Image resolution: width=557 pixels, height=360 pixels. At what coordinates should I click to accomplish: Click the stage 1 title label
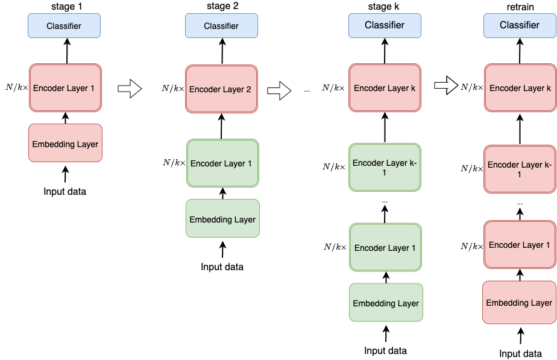[x=67, y=7]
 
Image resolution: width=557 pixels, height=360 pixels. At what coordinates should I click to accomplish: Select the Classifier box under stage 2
[x=221, y=25]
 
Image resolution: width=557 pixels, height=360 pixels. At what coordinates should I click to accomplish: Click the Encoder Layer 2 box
[x=221, y=89]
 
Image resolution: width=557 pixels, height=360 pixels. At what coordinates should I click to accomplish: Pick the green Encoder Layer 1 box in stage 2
[x=222, y=163]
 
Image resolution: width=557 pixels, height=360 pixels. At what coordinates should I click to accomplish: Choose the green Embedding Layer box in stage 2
[x=222, y=218]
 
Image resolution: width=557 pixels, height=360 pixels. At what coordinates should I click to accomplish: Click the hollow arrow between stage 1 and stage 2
[x=130, y=89]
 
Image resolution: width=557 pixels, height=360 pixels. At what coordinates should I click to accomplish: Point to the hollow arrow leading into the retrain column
[x=446, y=85]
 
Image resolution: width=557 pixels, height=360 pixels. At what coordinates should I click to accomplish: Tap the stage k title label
[x=383, y=7]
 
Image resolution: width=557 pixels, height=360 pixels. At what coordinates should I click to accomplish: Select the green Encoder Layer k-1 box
[x=385, y=168]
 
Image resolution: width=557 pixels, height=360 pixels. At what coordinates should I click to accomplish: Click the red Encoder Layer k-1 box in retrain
[x=520, y=169]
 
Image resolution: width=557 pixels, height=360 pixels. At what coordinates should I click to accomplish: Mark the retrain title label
[x=520, y=7]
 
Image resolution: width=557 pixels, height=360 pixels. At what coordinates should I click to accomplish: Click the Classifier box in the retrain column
[x=520, y=25]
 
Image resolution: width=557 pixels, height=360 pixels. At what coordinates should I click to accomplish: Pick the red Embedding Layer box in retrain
[x=520, y=303]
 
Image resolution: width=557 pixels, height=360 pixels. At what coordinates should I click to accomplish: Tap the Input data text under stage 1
[x=65, y=192]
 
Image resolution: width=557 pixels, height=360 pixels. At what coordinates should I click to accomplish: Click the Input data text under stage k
[x=385, y=351]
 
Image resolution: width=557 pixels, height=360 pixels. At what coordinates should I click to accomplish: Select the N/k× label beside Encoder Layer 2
[x=173, y=88]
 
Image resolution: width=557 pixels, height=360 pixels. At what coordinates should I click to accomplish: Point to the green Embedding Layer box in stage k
[x=386, y=303]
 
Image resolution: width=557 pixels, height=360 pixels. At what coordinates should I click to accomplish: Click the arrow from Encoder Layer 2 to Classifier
[x=222, y=51]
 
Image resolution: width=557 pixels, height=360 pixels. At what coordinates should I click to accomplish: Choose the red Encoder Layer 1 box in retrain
[x=520, y=244]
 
